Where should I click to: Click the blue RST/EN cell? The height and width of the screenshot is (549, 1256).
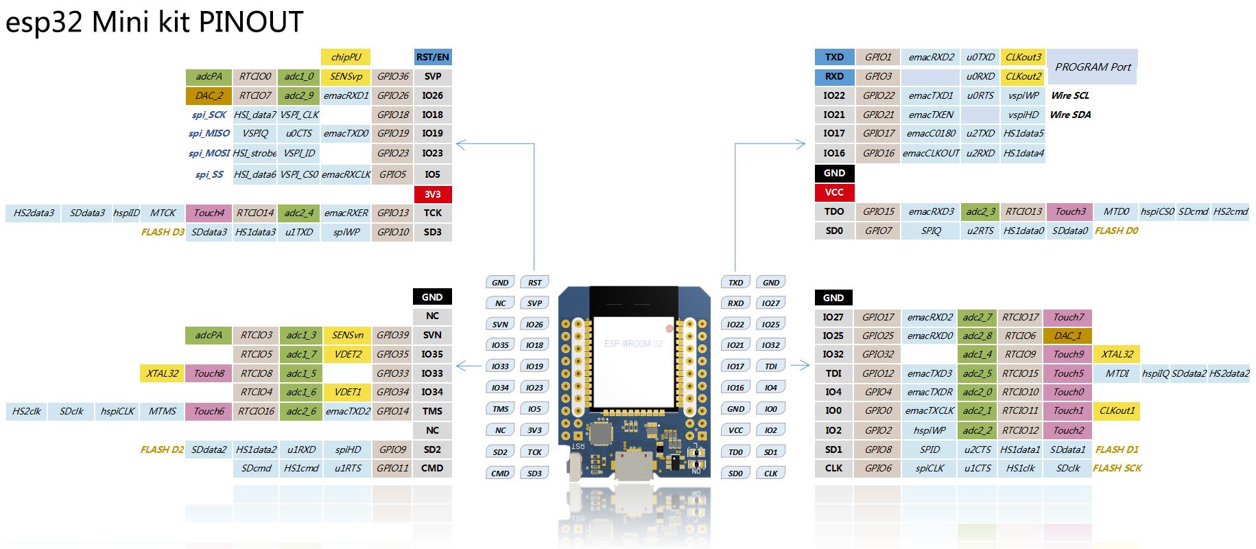[433, 57]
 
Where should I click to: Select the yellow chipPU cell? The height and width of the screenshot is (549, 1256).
[346, 57]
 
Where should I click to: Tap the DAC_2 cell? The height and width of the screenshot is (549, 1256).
[209, 95]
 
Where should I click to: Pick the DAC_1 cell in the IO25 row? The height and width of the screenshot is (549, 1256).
[1067, 336]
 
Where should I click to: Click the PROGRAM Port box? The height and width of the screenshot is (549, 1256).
[1092, 67]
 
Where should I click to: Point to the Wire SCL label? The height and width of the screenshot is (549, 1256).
[1069, 95]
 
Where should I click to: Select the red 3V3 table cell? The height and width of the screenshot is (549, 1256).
[433, 194]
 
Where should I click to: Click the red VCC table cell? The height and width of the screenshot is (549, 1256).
[834, 192]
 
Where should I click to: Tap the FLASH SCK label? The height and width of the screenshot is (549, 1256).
[1117, 468]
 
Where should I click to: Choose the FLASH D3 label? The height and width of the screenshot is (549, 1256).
[163, 232]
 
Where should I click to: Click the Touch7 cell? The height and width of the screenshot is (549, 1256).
[1068, 317]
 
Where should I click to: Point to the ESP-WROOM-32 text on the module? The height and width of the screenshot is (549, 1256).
[633, 343]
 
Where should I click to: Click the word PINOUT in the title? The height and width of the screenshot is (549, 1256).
[250, 22]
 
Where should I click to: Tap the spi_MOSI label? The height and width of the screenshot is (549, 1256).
[209, 153]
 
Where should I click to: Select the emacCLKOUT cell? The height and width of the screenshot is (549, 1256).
[931, 153]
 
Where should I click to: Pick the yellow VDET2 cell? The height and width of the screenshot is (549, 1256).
[347, 354]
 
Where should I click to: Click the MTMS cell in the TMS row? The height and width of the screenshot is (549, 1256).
[163, 411]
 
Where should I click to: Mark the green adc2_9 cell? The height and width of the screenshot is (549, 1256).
[299, 95]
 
